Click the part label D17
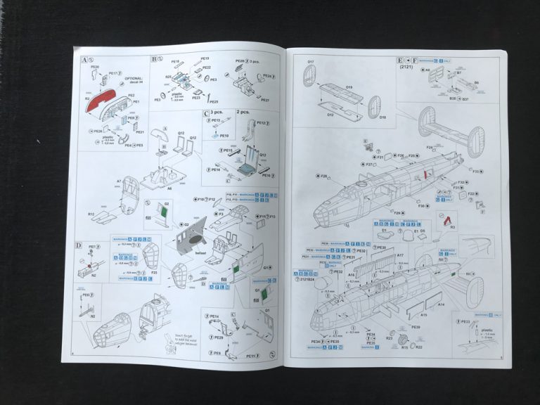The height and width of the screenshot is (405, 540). pyautogui.click(x=310, y=62)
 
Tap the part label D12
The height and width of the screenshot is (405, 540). pyautogui.click(x=331, y=115)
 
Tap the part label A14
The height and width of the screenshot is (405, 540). pyautogui.click(x=441, y=304)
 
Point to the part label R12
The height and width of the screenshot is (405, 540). pyautogui.click(x=91, y=214)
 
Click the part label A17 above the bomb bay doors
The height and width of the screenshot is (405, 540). pyautogui.click(x=399, y=255)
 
